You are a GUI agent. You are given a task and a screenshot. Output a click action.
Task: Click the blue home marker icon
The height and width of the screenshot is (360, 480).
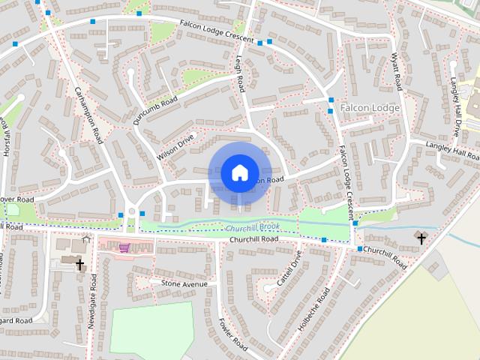coord(239,173)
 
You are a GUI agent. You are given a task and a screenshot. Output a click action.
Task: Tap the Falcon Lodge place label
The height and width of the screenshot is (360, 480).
coord(370,108)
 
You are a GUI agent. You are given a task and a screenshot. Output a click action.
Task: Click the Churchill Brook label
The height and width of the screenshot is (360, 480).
coord(252,227)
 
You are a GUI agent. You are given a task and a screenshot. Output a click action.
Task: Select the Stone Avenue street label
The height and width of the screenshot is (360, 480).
coord(184,284)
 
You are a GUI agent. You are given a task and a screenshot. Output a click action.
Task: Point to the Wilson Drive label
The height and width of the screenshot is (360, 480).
coord(175,146)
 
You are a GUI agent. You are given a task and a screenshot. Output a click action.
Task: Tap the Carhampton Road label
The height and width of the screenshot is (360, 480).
coord(88,115)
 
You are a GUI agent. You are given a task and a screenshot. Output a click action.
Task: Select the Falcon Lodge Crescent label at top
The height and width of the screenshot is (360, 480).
coord(217,31)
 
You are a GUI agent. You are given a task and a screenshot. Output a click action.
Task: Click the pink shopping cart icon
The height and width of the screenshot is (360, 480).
coord(124,247)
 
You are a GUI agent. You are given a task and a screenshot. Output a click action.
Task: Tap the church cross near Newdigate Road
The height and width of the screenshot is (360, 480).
coord(79,264)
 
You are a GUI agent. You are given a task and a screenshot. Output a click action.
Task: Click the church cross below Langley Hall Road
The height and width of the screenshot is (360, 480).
coord(421,238)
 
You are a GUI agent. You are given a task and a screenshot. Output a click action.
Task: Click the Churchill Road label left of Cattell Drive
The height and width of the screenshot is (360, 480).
coord(254,238)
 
